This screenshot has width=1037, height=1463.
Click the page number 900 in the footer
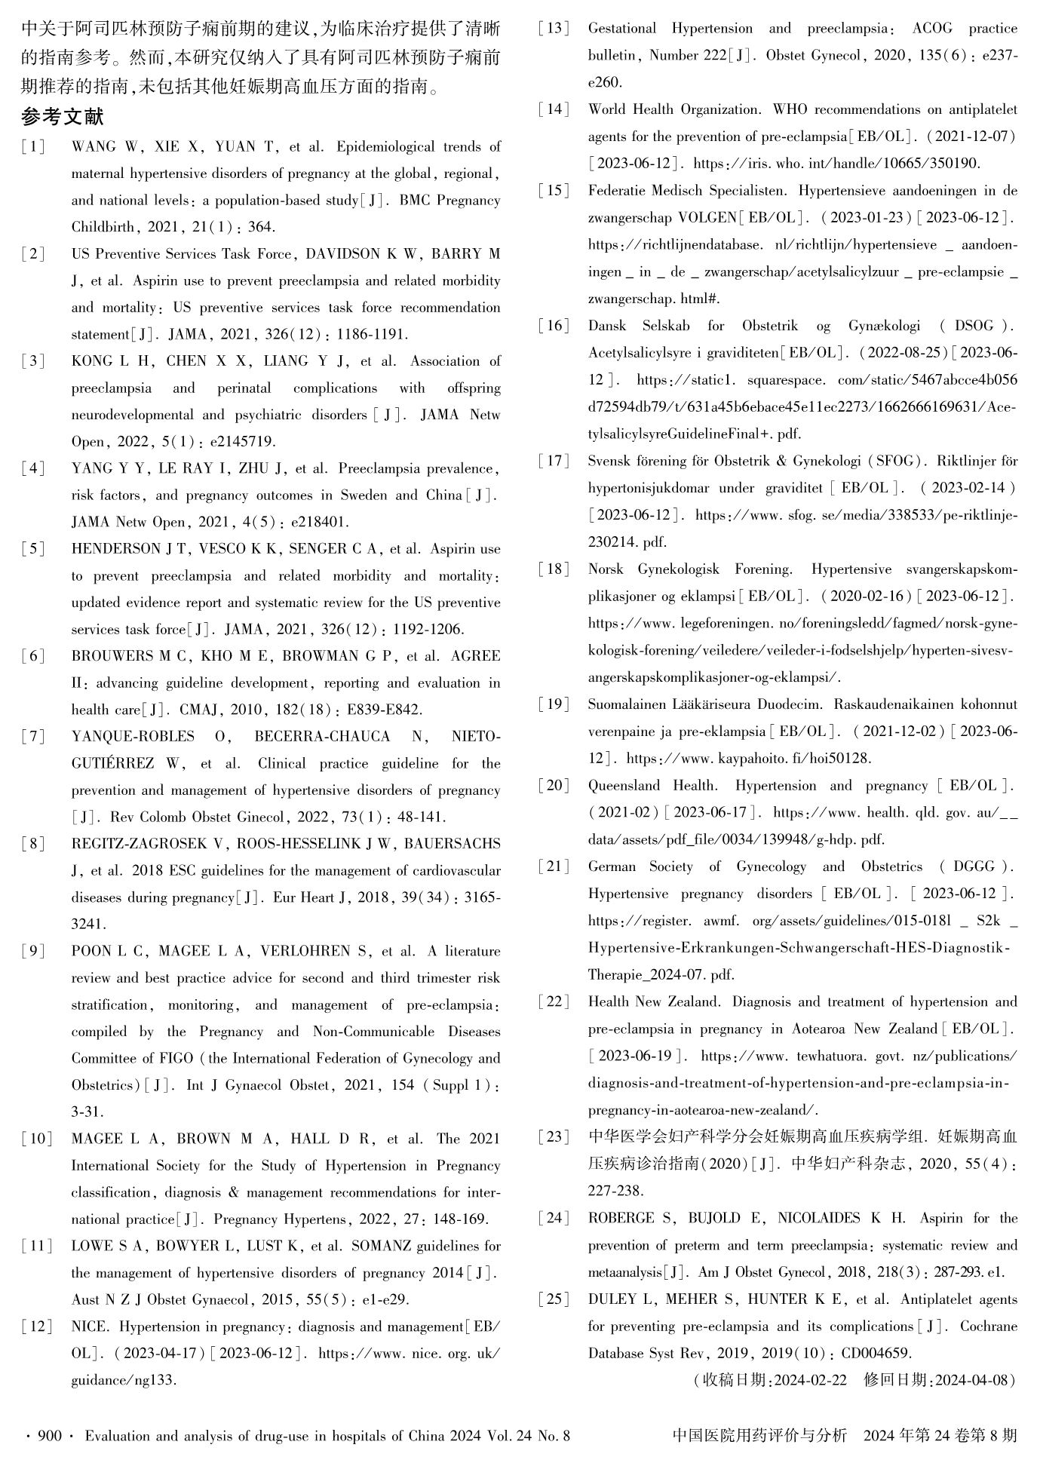pyautogui.click(x=50, y=1437)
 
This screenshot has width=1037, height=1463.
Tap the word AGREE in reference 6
pyautogui.click(x=475, y=656)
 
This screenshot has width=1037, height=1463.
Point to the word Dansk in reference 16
pyautogui.click(x=607, y=326)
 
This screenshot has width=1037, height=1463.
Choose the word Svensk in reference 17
pyautogui.click(x=609, y=461)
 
